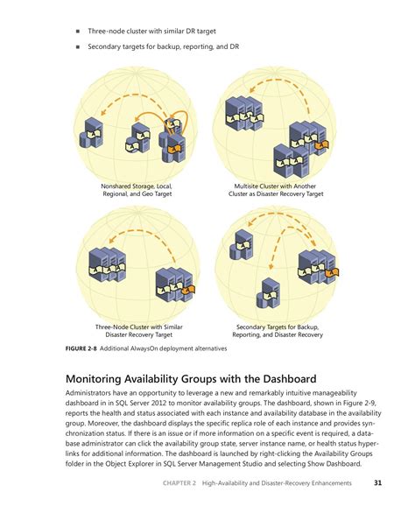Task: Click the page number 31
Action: (x=377, y=482)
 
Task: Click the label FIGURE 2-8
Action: (x=81, y=348)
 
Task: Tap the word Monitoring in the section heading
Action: (x=94, y=379)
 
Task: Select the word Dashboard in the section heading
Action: (x=290, y=378)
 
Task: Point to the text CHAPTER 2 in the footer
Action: (x=179, y=483)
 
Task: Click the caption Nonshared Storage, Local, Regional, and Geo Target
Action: (x=137, y=190)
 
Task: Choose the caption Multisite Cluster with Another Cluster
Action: (x=276, y=190)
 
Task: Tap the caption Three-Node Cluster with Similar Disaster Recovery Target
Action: (x=138, y=331)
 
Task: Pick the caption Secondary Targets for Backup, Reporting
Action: (x=278, y=331)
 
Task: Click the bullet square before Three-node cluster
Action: (x=77, y=32)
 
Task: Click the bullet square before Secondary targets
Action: (x=77, y=46)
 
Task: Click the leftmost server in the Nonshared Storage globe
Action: (x=91, y=133)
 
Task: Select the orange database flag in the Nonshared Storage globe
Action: (x=174, y=149)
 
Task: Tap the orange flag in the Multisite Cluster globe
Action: (x=321, y=145)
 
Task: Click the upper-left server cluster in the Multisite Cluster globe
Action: (x=244, y=113)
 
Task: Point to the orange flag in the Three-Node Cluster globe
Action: (x=188, y=290)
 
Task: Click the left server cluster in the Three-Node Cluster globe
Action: (x=107, y=265)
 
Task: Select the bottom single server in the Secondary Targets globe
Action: (x=269, y=293)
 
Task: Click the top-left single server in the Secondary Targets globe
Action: (x=241, y=245)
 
